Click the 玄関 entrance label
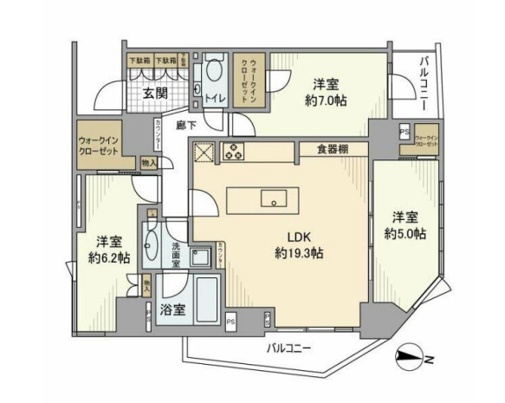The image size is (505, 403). point(155,94)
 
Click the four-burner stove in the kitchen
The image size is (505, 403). point(234,153)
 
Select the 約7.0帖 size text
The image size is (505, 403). point(327,102)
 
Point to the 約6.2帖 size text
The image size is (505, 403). point(108,257)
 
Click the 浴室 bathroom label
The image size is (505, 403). point(172,309)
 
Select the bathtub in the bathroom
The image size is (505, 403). point(208,301)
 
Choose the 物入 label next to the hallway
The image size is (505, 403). point(149,162)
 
